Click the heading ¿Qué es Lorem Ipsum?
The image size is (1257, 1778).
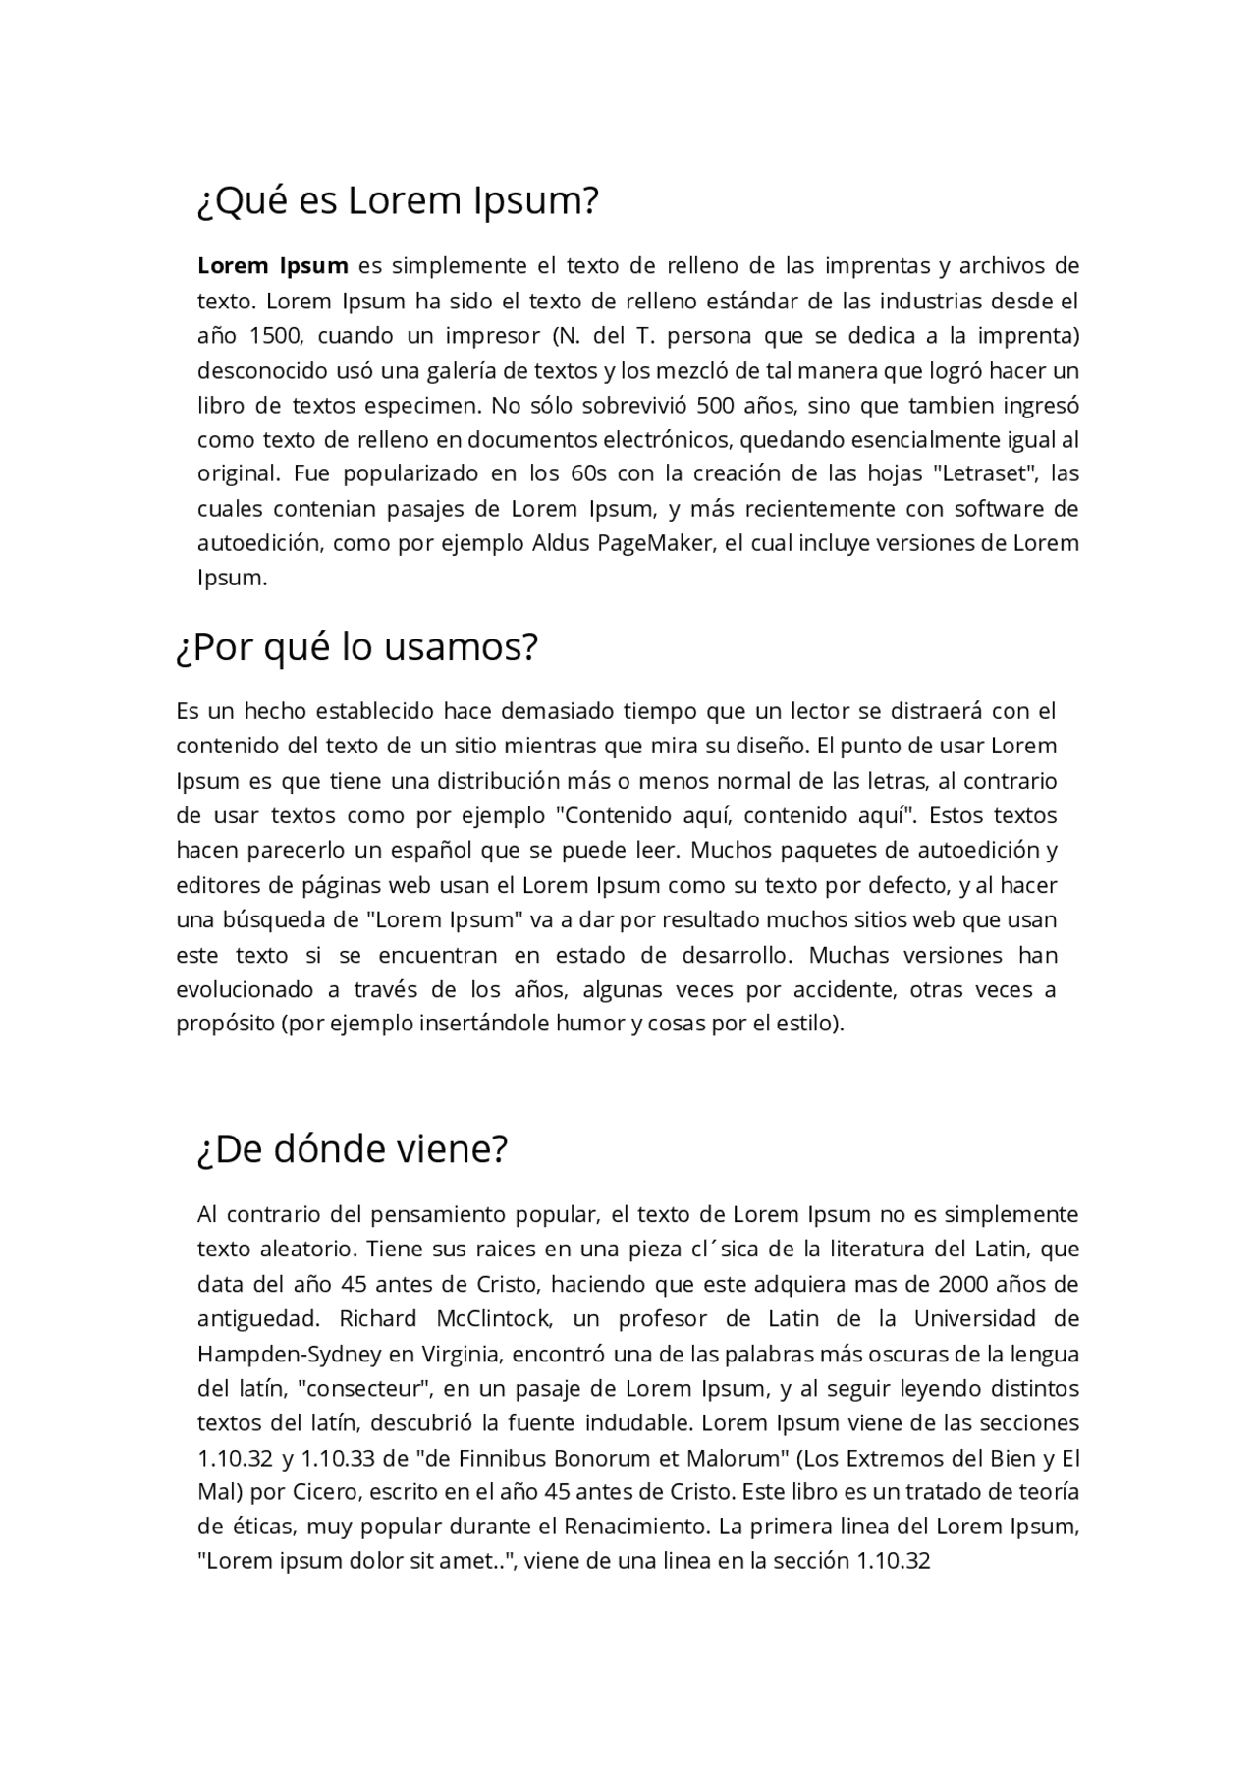(398, 201)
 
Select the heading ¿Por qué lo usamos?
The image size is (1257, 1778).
(357, 647)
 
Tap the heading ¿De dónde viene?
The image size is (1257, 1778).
(353, 1148)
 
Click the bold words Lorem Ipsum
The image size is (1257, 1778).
(272, 265)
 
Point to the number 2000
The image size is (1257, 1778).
(964, 1284)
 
